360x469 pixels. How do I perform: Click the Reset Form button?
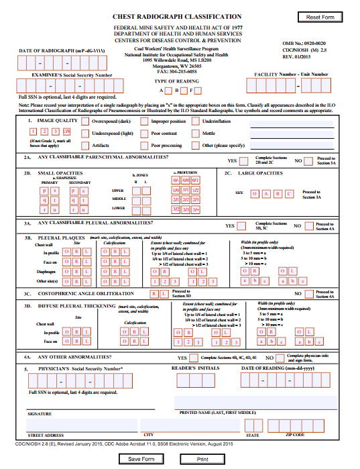(320, 17)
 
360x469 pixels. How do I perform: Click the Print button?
(202, 459)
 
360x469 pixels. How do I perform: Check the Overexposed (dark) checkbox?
(85, 121)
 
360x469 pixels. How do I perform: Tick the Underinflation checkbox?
(196, 121)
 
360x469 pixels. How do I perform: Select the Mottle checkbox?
(196, 133)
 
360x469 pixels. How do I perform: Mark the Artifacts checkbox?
(85, 144)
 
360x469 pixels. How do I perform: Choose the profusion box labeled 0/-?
(176, 180)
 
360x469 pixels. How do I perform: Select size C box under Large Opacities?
(290, 193)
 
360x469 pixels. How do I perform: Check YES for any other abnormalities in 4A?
(194, 358)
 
